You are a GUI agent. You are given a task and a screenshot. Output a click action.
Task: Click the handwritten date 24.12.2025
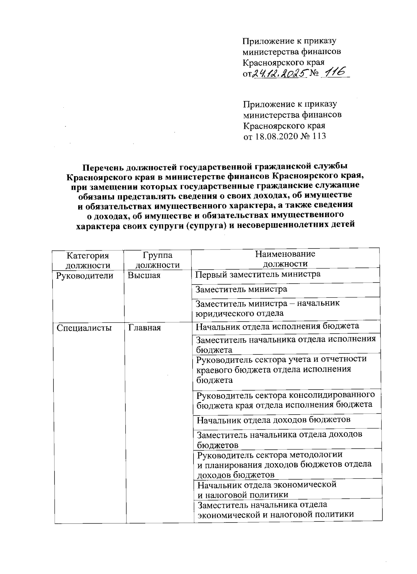pyautogui.click(x=280, y=73)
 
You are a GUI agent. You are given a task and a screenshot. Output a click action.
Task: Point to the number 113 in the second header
pyautogui.click(x=319, y=136)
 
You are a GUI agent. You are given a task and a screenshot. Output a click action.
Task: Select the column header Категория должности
pyautogui.click(x=88, y=260)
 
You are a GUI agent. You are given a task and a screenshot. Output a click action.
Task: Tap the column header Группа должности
pyautogui.click(x=157, y=260)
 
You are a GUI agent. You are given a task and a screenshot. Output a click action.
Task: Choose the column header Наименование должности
pyautogui.click(x=285, y=259)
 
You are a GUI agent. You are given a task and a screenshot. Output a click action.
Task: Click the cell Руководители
pyautogui.click(x=85, y=276)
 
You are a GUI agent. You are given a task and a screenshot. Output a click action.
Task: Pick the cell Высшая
pyautogui.click(x=144, y=276)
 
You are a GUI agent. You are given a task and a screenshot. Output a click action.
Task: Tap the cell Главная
pyautogui.click(x=145, y=328)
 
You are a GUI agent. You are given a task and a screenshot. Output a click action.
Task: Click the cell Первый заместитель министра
pyautogui.click(x=258, y=274)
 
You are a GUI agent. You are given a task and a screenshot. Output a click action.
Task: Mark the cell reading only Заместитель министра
pyautogui.click(x=242, y=289)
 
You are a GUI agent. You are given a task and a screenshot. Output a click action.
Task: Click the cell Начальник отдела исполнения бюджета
pyautogui.click(x=277, y=326)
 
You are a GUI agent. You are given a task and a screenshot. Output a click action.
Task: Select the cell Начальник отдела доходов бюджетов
pyautogui.click(x=274, y=420)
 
